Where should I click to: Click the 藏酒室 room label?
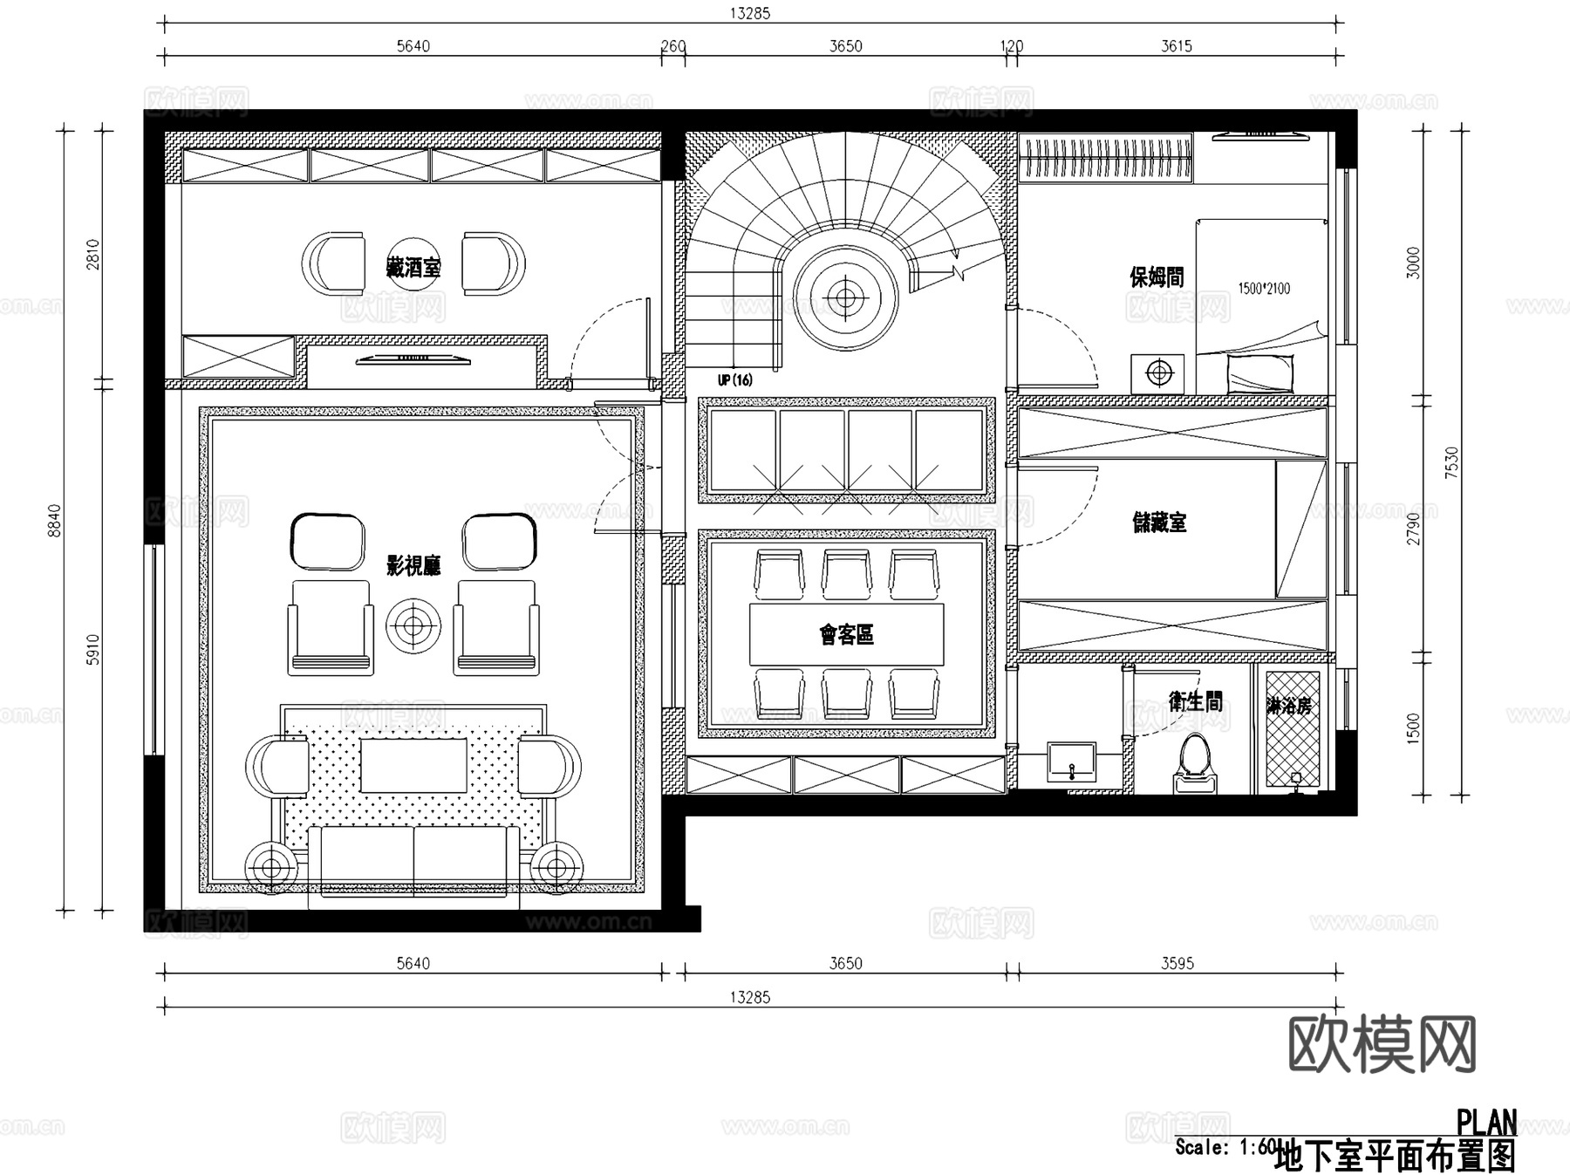[413, 267]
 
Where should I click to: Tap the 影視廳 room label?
[413, 566]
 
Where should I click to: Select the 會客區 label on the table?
[846, 634]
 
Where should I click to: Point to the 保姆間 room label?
[1157, 277]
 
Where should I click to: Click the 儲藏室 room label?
[1159, 523]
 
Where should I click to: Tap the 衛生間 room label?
[1196, 701]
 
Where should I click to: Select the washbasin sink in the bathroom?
[1071, 762]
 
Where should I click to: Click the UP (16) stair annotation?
[734, 380]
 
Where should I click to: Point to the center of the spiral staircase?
[844, 298]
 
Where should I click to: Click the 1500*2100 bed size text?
[1264, 288]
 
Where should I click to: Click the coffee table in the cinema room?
[413, 766]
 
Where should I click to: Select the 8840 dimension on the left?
[55, 521]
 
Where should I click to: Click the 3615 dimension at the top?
[1176, 46]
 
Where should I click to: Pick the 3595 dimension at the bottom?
[1177, 963]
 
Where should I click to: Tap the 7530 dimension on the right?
[1451, 463]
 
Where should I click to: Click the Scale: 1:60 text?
[1225, 1147]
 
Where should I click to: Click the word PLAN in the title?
[1486, 1122]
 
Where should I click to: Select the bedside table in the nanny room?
[1158, 373]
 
